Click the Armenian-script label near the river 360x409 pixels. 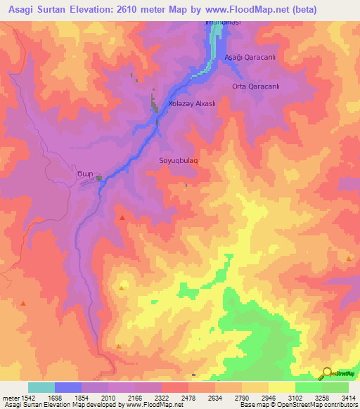pos(84,175)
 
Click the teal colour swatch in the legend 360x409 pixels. pos(41,387)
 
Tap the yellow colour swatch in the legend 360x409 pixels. pos(281,387)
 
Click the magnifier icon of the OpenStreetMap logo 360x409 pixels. pos(326,374)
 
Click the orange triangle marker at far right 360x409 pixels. pos(349,259)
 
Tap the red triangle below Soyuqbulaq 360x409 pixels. pos(122,219)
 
